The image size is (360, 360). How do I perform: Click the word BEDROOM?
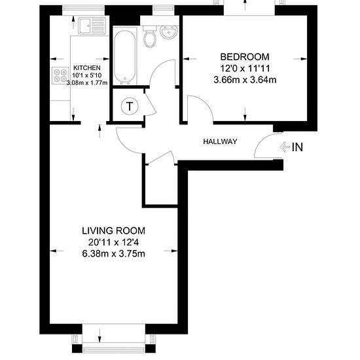[x=245, y=57]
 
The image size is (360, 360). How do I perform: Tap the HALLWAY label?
[x=220, y=141]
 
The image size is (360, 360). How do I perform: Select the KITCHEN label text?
[x=87, y=67]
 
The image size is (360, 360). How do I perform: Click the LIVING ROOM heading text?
[x=113, y=231]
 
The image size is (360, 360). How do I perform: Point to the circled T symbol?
[x=130, y=106]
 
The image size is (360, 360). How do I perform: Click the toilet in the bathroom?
[x=150, y=36]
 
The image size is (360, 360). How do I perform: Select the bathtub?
[x=124, y=56]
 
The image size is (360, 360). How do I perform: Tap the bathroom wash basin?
[x=169, y=31]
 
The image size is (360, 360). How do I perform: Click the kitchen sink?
[x=92, y=26]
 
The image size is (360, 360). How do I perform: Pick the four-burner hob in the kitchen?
[x=60, y=75]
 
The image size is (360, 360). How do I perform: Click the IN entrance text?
[x=297, y=147]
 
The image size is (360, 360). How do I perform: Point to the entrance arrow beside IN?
[x=285, y=147]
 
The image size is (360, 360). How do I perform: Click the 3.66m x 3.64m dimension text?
[x=245, y=80]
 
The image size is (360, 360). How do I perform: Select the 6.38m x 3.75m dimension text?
[x=113, y=254]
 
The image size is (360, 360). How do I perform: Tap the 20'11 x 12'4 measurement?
[x=113, y=242]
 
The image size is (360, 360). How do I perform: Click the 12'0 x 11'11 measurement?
[x=245, y=69]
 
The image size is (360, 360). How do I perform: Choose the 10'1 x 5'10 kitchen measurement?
[x=87, y=75]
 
